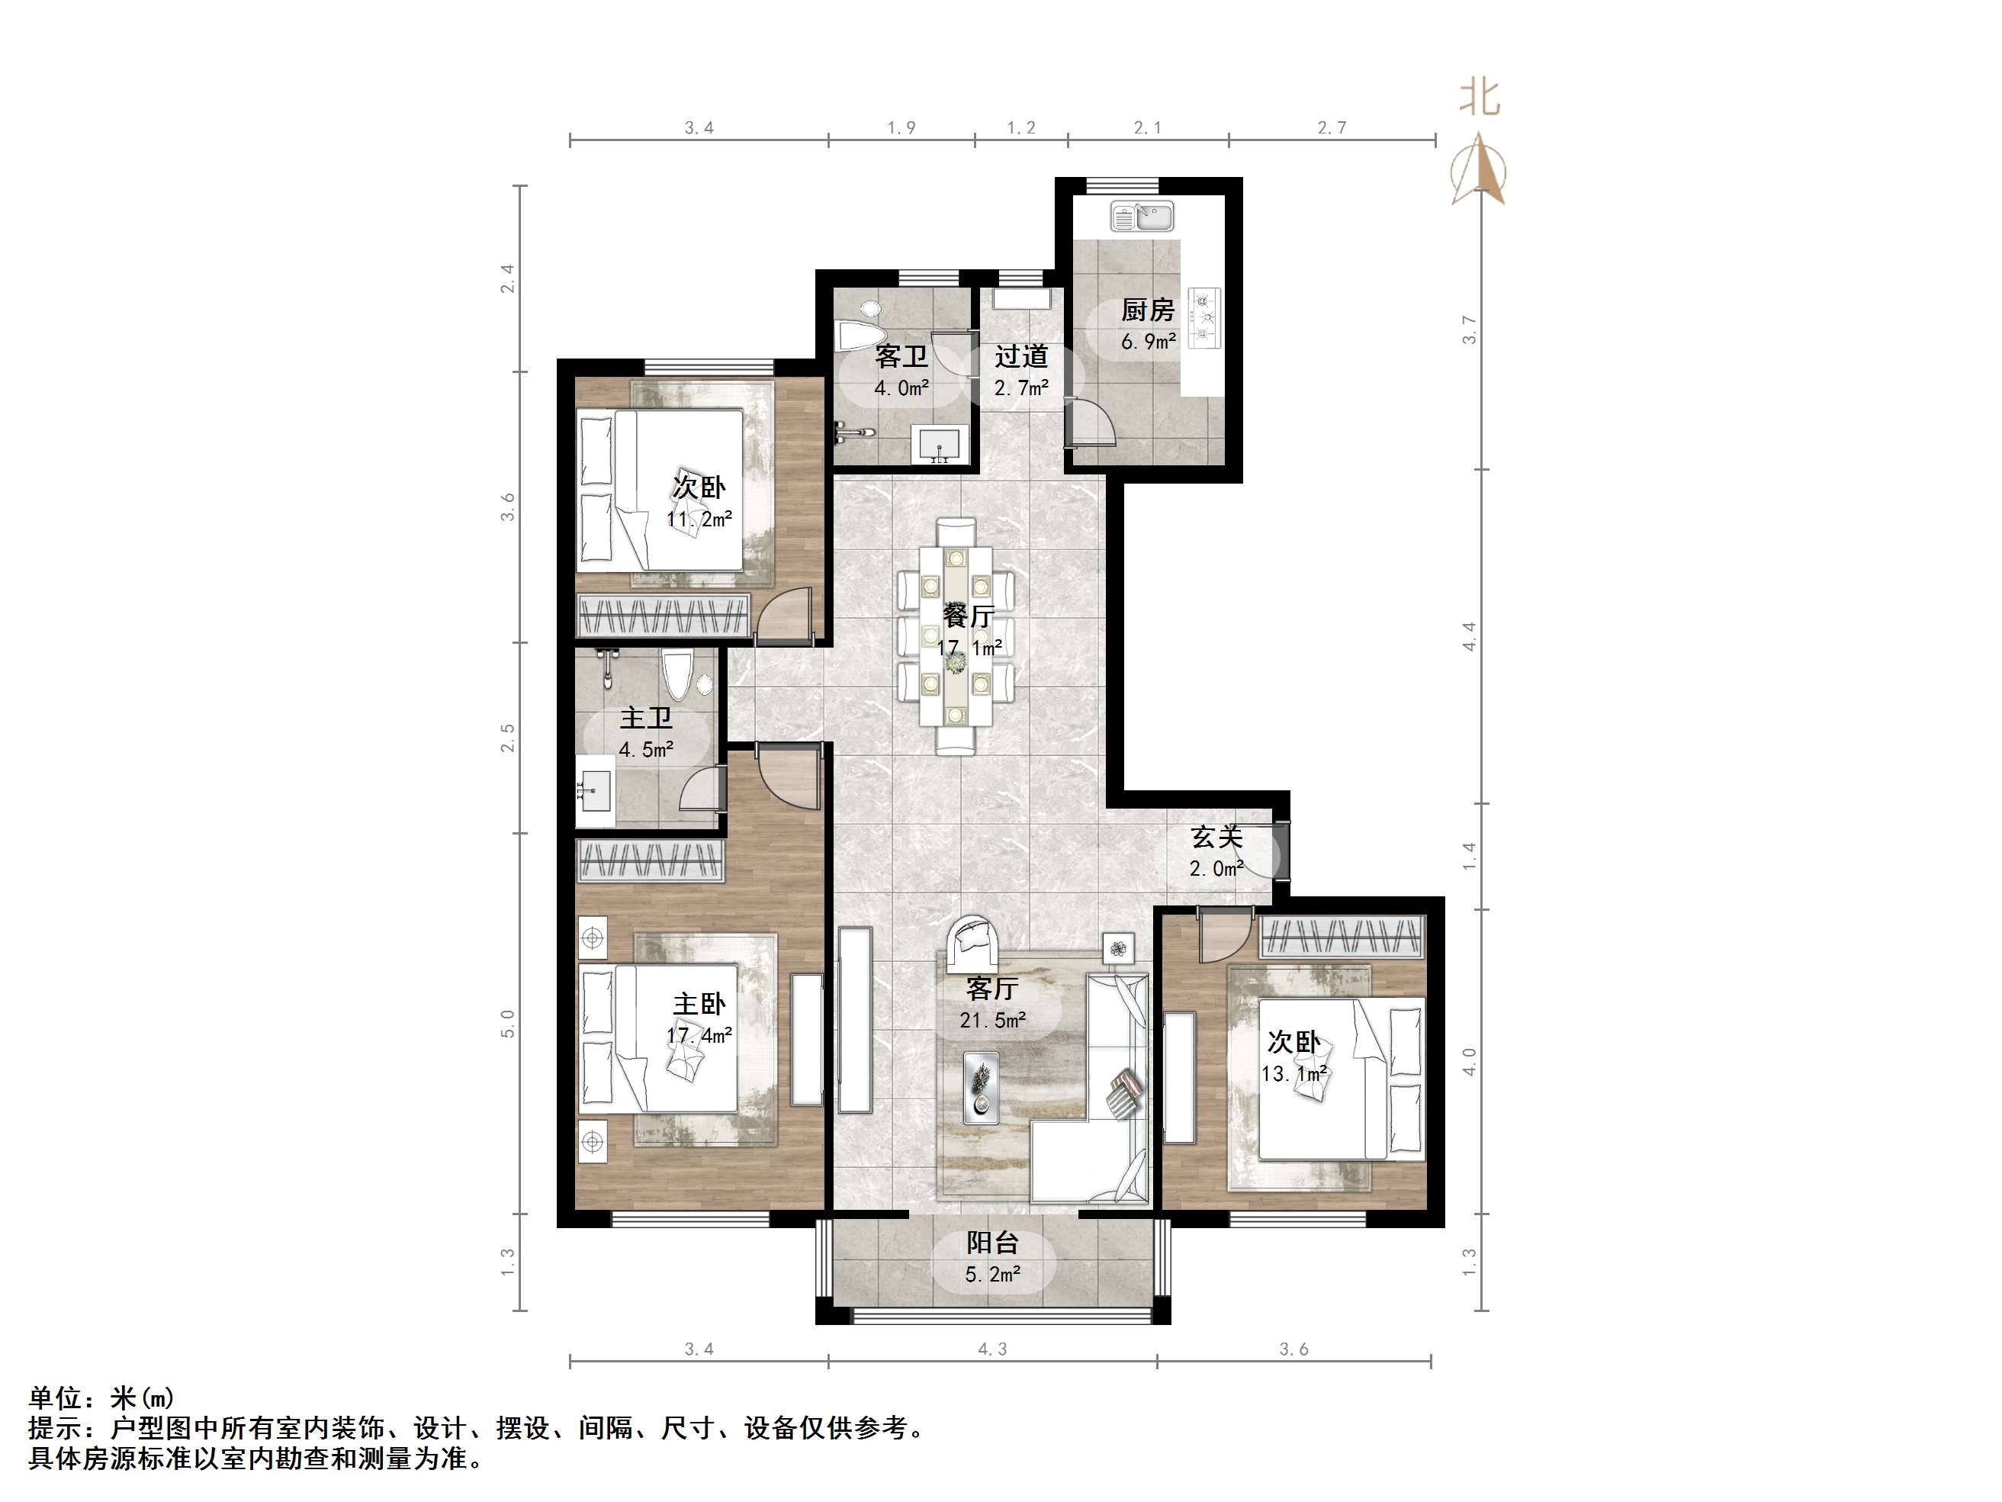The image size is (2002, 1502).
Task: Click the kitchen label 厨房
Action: coord(1148,310)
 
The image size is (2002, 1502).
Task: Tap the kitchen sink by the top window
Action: coord(1142,217)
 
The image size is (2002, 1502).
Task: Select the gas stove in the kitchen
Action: coord(1205,319)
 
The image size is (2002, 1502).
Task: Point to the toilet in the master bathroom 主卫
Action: coord(676,674)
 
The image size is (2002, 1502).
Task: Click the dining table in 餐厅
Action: coord(956,635)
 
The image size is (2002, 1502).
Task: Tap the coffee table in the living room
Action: coord(981,1087)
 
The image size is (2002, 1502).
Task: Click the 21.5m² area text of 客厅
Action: coord(993,1021)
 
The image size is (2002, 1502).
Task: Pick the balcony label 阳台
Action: coord(993,1243)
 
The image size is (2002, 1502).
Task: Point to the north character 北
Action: coord(1479,98)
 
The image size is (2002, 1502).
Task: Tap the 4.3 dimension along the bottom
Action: coord(993,1349)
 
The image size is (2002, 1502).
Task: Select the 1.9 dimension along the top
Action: coord(901,127)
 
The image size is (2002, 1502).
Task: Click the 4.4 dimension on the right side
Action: coord(1469,636)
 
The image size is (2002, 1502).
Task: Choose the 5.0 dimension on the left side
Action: coord(508,1024)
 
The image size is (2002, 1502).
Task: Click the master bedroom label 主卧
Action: coord(699,1004)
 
